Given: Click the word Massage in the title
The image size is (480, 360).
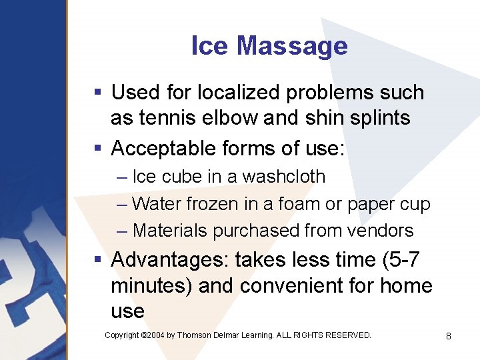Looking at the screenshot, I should coord(292,46).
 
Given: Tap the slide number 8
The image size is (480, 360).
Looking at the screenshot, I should coord(449,336).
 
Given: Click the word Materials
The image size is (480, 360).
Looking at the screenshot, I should coord(170,231).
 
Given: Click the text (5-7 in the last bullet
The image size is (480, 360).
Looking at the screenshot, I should coord(397,259).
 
